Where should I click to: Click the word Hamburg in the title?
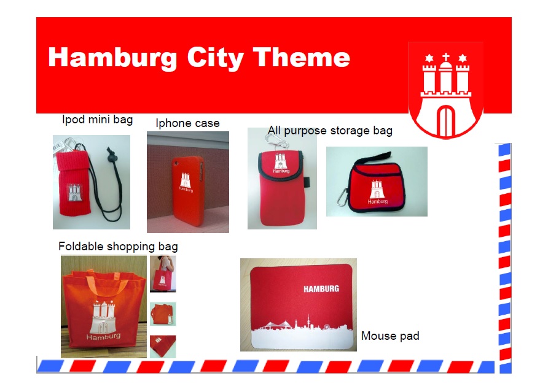tap(112, 58)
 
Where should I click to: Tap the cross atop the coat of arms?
tap(445, 57)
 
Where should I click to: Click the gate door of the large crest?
tap(445, 120)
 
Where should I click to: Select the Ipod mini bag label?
tap(98, 120)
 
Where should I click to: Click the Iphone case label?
tap(188, 123)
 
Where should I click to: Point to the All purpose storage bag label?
tap(330, 131)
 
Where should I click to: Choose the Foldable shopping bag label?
tap(118, 247)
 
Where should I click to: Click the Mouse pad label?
tap(390, 336)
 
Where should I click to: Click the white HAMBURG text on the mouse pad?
tap(321, 289)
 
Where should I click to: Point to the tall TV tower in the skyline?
tap(308, 321)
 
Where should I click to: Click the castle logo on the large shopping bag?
tap(103, 317)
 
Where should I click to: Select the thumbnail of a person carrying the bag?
tap(163, 274)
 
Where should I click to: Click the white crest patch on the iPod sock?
tap(74, 193)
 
